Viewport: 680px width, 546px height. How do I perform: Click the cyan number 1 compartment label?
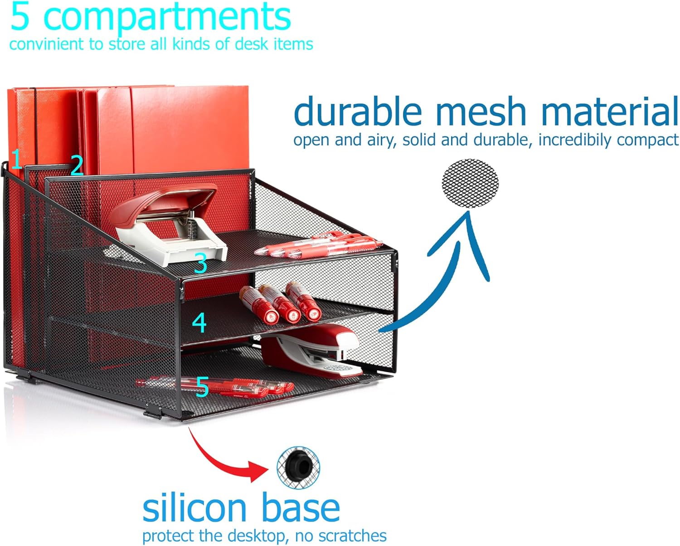[16, 160]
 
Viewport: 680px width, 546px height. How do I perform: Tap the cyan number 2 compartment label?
[77, 166]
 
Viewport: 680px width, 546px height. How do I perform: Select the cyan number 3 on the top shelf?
[200, 263]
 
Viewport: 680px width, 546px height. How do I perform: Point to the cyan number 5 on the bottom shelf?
[202, 387]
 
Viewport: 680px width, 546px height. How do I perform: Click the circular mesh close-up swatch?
[470, 184]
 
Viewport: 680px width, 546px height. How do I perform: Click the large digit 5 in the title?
[20, 17]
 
